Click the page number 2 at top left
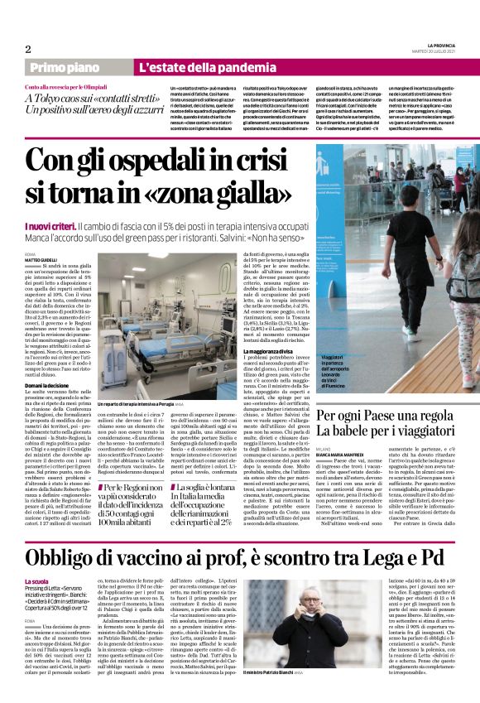[x=27, y=48]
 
